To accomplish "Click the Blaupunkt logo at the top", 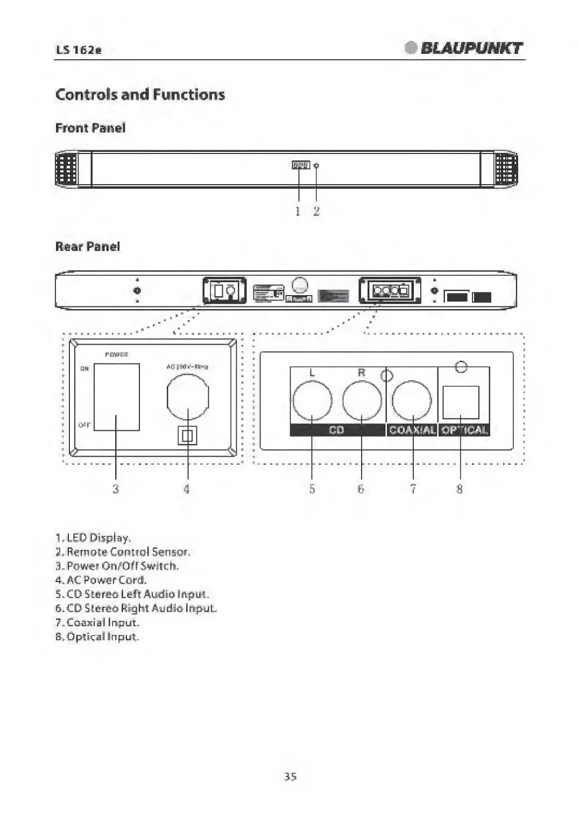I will click(464, 48).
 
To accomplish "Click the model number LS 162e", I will click(79, 50).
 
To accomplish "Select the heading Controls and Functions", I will click(140, 95).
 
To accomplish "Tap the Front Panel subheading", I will click(90, 128).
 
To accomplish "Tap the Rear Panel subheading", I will click(88, 247).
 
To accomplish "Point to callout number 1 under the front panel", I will click(298, 212).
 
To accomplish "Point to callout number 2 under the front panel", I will click(316, 212).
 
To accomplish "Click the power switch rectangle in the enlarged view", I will click(117, 396).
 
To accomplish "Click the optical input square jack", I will click(461, 402).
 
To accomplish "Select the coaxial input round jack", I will click(412, 401).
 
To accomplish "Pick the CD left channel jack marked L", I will click(313, 401).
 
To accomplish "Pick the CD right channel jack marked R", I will click(362, 401).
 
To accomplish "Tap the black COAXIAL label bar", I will click(412, 430).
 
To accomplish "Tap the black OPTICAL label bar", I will click(464, 430).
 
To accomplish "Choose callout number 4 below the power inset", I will click(187, 489).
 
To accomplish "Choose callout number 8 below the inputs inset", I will click(460, 489).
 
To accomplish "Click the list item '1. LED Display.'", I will click(93, 538).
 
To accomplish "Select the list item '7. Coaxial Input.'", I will click(97, 623).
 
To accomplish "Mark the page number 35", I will click(290, 777).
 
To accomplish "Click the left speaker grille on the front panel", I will click(67, 169).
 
